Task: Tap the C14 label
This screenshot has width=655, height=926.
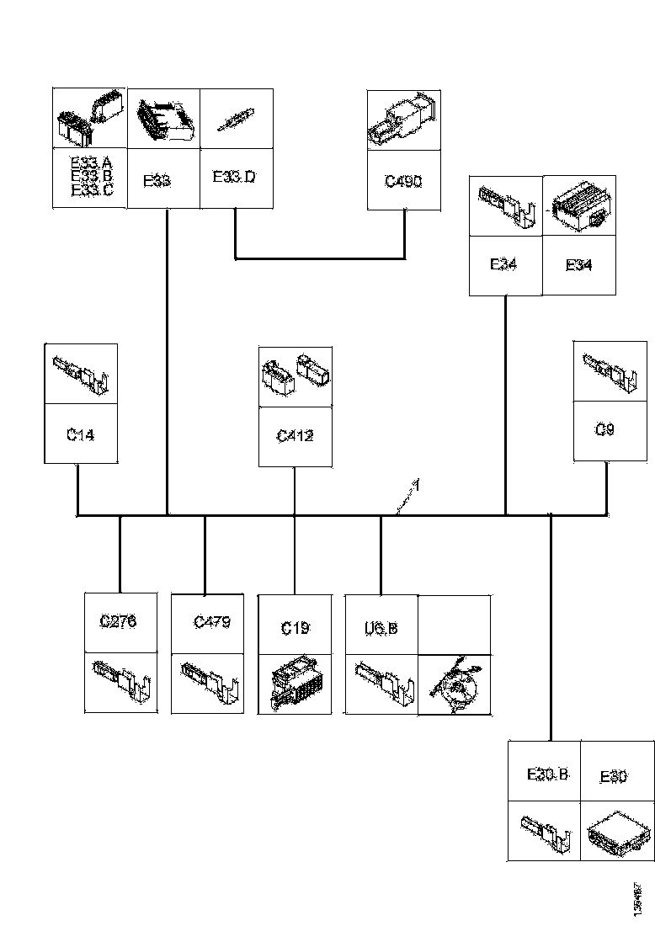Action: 81,434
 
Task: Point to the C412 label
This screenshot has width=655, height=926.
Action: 295,436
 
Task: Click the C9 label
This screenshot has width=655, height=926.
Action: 604,430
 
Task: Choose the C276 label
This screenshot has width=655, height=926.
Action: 118,622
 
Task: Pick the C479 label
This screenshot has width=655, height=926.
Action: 211,623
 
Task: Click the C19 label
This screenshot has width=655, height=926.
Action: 295,628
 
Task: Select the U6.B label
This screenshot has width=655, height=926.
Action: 381,627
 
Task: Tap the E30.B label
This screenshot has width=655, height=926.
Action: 547,774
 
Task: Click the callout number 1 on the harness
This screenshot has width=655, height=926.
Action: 415,486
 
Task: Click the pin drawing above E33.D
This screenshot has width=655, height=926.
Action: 237,120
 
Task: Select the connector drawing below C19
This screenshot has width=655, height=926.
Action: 294,683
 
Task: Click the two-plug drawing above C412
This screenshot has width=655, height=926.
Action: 295,374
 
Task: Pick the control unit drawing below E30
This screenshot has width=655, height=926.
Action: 617,831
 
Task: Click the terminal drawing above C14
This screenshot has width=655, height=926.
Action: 82,375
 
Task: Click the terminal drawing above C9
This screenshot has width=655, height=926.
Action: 610,372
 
